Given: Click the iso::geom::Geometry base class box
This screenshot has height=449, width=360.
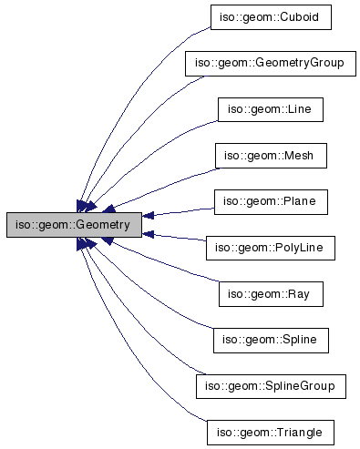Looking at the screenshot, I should (74, 224).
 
